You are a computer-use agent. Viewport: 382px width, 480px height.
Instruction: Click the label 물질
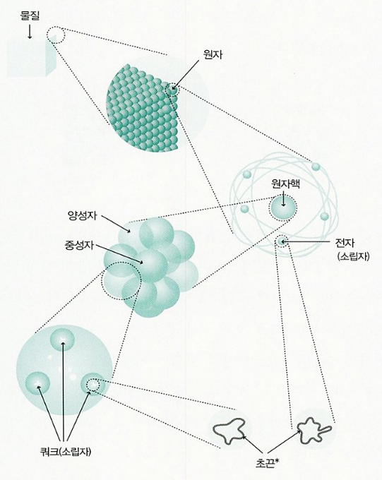pos(30,16)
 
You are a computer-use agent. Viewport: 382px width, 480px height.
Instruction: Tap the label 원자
pos(213,54)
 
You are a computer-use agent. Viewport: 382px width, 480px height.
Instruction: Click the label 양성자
pos(82,215)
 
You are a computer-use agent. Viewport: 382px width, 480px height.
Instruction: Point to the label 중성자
pos(79,245)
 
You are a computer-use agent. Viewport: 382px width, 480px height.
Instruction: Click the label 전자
pos(345,243)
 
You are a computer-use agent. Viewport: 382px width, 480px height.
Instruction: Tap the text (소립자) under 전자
pos(353,256)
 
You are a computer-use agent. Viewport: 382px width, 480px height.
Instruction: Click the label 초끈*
pos(266,461)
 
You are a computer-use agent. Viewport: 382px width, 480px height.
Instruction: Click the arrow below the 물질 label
pos(30,31)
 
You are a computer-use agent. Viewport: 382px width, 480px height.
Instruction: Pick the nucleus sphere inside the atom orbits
pos(282,208)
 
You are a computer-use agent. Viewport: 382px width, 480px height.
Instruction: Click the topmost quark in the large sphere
pos(63,340)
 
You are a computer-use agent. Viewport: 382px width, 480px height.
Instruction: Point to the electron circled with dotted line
pos(282,241)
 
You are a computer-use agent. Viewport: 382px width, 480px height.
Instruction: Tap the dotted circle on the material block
pos(56,35)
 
